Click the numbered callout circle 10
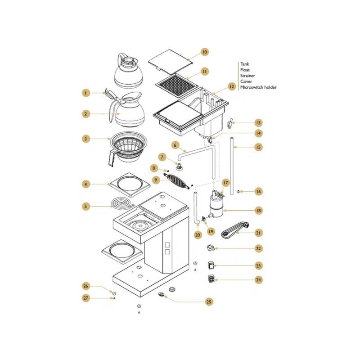pyautogui.click(x=205, y=52)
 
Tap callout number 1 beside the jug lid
pyautogui.click(x=86, y=93)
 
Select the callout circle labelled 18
pyautogui.click(x=258, y=210)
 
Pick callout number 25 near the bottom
pyautogui.click(x=209, y=301)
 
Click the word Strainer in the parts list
pyautogui.click(x=247, y=76)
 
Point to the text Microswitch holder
pyautogui.click(x=258, y=87)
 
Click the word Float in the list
pyautogui.click(x=245, y=70)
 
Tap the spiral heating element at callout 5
pyautogui.click(x=122, y=203)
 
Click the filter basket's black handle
pyautogui.click(x=112, y=157)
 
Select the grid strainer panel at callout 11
pyautogui.click(x=176, y=85)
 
